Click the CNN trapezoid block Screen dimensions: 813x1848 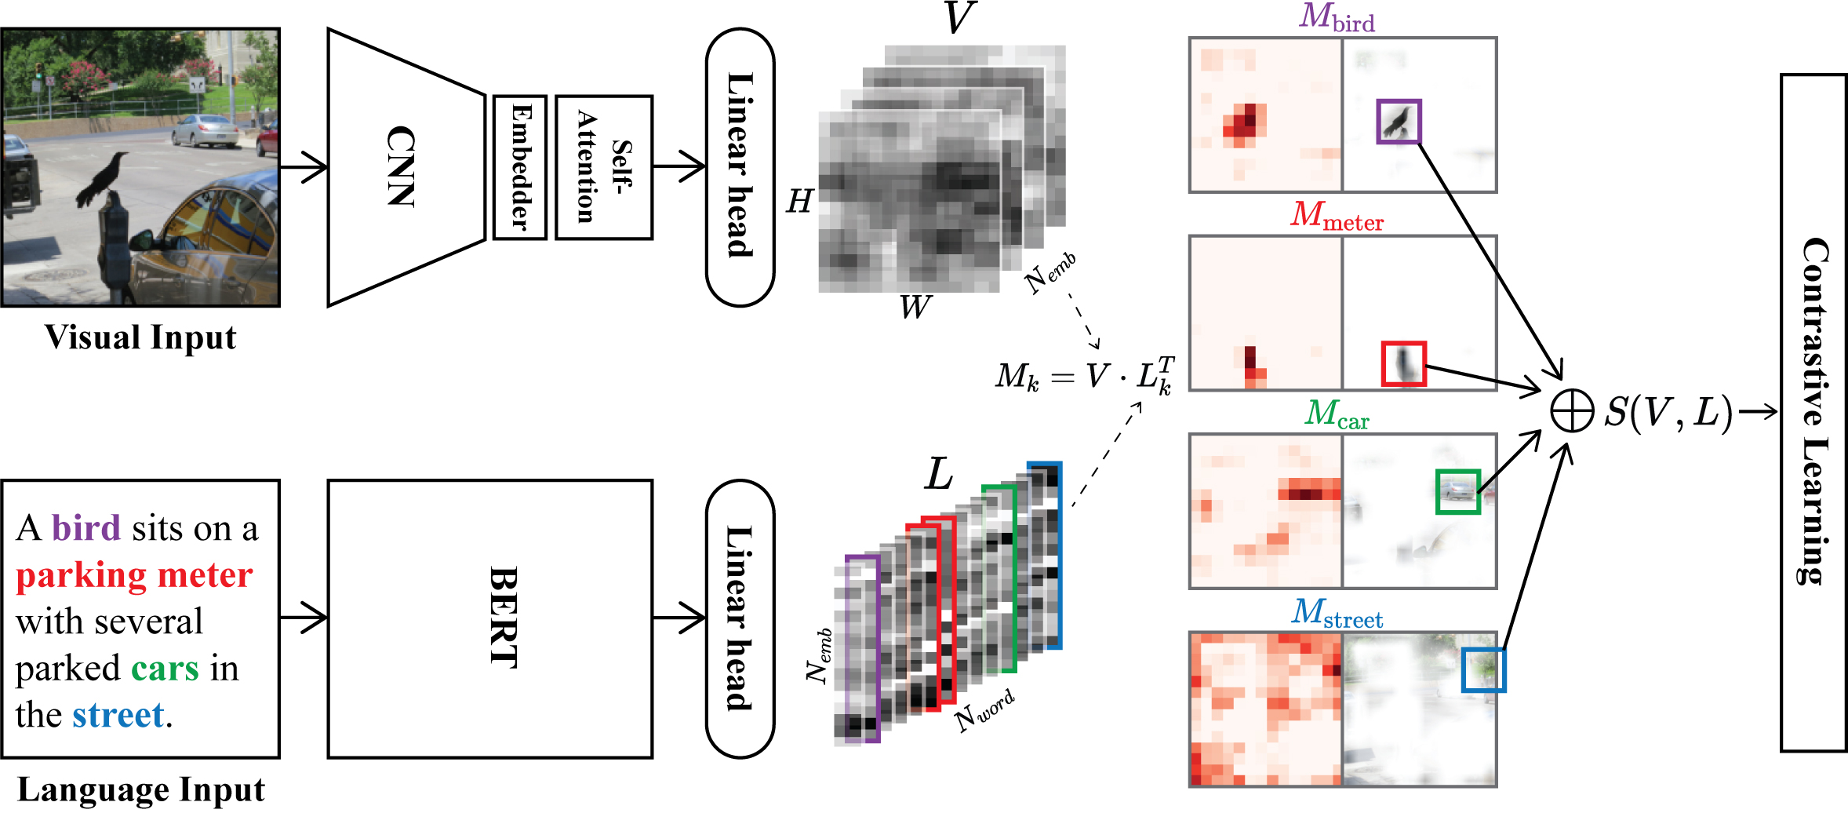(x=404, y=166)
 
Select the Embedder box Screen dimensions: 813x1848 (x=519, y=167)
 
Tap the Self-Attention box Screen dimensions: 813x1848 (x=604, y=167)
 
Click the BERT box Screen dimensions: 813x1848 (x=490, y=618)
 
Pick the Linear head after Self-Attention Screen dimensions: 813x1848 (x=740, y=166)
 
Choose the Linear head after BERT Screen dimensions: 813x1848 (x=740, y=618)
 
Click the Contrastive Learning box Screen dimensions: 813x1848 (x=1813, y=412)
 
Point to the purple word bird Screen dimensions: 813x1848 (x=86, y=528)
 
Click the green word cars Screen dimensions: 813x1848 (x=165, y=669)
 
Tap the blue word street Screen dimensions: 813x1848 (x=118, y=715)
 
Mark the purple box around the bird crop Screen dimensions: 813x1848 (x=1399, y=122)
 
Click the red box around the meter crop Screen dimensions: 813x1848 (x=1403, y=363)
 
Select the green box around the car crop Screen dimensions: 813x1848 (x=1457, y=491)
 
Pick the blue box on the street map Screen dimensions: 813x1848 (x=1483, y=669)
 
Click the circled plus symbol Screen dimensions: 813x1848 (x=1572, y=411)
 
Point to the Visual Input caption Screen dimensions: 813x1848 (x=140, y=338)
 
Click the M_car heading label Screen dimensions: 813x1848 (x=1337, y=414)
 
